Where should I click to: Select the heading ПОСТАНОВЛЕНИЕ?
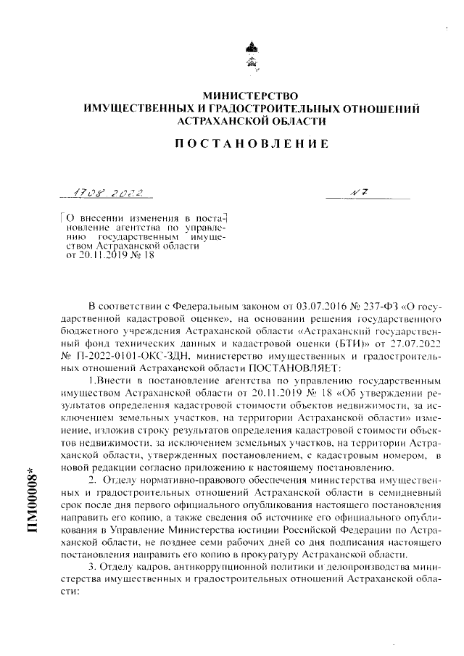pos(252,144)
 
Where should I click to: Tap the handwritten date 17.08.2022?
pos(112,194)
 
